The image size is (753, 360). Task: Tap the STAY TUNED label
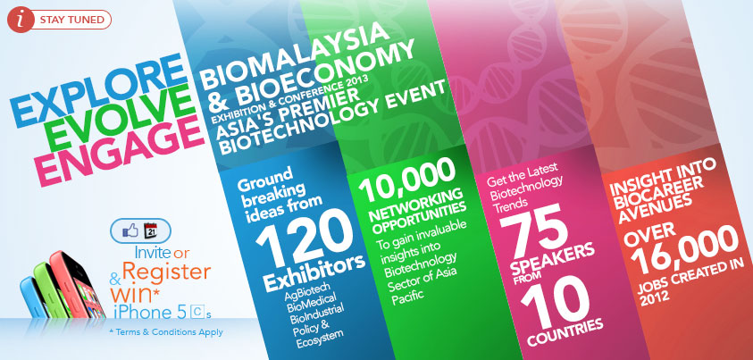click(x=72, y=21)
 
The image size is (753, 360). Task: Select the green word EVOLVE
click(x=121, y=121)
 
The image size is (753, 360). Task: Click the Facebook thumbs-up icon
click(x=130, y=230)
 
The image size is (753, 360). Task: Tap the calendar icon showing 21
click(x=151, y=230)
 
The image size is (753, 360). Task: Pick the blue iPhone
click(x=33, y=297)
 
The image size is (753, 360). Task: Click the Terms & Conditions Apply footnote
click(x=165, y=332)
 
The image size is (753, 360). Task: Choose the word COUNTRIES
click(x=565, y=331)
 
